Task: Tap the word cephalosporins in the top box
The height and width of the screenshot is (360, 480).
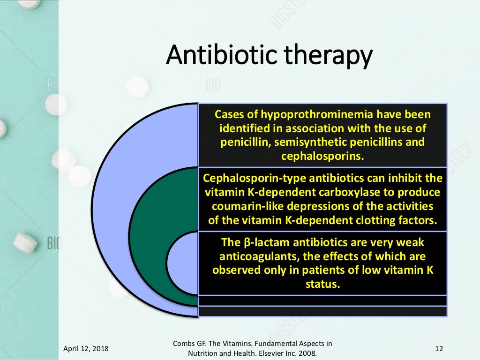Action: pos(322,156)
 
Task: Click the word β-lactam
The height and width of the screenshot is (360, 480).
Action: pos(259,242)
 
